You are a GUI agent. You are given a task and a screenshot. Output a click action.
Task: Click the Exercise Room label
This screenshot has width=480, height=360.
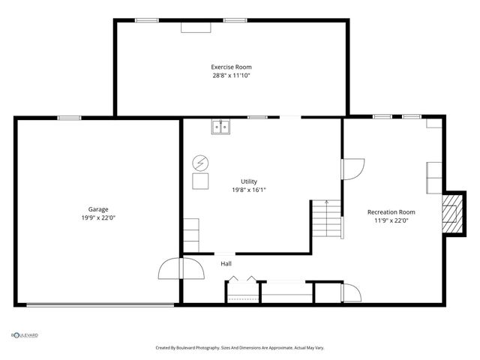point(230,67)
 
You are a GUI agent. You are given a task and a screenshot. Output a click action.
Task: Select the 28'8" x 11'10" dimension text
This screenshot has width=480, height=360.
point(230,75)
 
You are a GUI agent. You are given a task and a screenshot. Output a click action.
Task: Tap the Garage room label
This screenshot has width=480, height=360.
point(98,209)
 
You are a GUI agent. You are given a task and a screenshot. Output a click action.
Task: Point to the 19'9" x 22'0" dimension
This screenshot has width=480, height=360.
point(98,217)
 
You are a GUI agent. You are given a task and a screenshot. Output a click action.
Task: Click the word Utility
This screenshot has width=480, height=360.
point(249,181)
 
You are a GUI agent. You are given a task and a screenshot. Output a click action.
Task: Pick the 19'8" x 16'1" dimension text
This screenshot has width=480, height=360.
point(249,190)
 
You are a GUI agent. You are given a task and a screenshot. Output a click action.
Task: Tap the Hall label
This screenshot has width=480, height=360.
point(226,263)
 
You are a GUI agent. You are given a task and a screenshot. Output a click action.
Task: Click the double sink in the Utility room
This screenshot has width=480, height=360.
point(220,127)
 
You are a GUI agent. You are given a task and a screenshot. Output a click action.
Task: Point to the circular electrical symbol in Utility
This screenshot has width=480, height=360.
point(201,162)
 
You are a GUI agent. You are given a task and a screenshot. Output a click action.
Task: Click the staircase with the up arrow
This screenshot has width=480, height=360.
point(326,219)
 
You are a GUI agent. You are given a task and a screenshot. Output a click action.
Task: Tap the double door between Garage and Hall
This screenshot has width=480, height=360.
point(181,268)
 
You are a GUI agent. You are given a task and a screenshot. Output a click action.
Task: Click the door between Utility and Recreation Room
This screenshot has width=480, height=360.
point(352,169)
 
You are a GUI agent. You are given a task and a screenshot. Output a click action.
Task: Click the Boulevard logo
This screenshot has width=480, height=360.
point(25,335)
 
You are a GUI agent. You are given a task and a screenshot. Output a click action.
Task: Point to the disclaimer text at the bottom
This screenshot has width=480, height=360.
point(240,348)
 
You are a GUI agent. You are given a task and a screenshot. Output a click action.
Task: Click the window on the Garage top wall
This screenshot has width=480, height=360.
point(70,118)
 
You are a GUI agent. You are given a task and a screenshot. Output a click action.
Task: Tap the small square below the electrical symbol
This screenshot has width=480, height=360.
point(201,181)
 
